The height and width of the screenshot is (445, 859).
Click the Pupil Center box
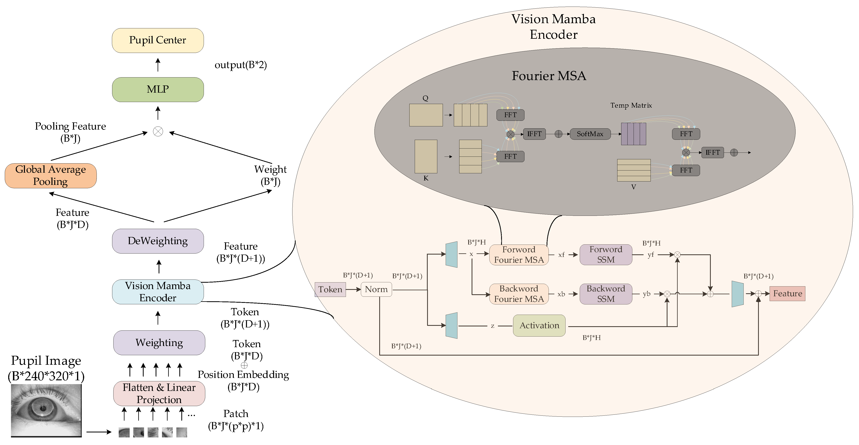(158, 40)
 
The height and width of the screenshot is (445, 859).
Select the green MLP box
(158, 89)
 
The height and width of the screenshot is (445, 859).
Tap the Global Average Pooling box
(51, 176)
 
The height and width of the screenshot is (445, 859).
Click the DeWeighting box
(158, 241)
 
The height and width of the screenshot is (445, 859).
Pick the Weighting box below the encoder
(159, 343)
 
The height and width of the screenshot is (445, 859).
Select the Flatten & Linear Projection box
(159, 393)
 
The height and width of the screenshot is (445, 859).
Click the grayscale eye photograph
(46, 410)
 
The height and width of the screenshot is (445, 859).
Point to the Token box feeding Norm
(330, 289)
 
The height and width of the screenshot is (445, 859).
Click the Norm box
(376, 289)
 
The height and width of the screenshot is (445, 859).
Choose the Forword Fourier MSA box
(519, 255)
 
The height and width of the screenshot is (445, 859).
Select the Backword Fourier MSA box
(519, 294)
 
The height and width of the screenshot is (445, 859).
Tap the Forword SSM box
(606, 255)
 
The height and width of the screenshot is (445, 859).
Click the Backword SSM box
(606, 294)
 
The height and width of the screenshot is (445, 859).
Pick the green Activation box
(539, 325)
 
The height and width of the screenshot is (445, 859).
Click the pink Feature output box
(787, 294)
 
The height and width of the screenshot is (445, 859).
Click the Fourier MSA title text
(549, 76)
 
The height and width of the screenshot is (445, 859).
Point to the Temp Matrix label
(631, 105)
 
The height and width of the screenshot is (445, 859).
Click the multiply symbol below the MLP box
(158, 132)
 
